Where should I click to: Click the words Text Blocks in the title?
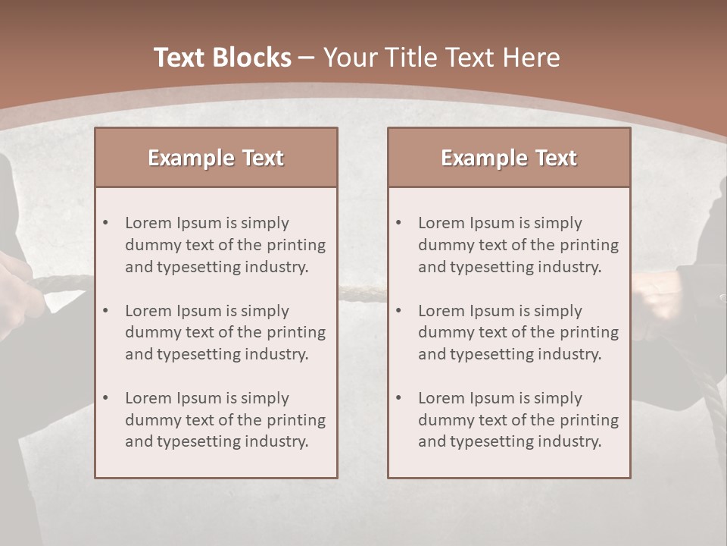[x=222, y=58]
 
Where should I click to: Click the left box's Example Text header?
[x=216, y=158]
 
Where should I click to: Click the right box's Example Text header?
[x=509, y=158]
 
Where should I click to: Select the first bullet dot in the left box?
[x=105, y=223]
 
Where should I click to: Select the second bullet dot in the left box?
[x=105, y=311]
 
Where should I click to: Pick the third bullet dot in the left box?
[x=105, y=398]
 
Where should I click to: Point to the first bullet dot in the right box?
[x=398, y=223]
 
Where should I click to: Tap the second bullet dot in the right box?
[x=398, y=311]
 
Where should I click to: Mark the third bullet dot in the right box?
[x=398, y=398]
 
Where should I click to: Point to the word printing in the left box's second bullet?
[x=298, y=332]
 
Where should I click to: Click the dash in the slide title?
[x=307, y=58]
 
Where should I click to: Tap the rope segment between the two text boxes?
[x=362, y=292]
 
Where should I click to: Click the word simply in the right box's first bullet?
[x=558, y=223]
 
